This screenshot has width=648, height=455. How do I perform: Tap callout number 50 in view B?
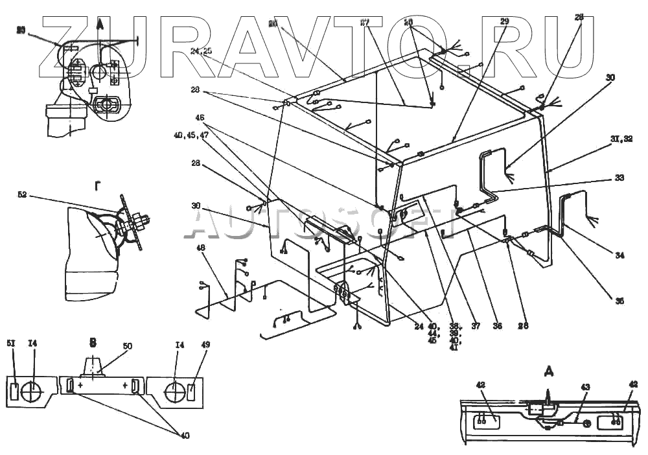pyautogui.click(x=128, y=347)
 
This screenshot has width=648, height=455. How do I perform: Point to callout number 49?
pyautogui.click(x=206, y=345)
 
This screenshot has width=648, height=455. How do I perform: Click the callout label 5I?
pyautogui.click(x=12, y=345)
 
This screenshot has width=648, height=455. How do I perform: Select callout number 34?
pyautogui.click(x=619, y=255)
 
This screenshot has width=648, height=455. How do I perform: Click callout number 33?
pyautogui.click(x=619, y=177)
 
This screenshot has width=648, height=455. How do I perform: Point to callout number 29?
pyautogui.click(x=505, y=21)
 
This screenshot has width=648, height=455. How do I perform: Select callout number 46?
pyautogui.click(x=200, y=117)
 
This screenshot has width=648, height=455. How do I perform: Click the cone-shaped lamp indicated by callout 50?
pyautogui.click(x=94, y=368)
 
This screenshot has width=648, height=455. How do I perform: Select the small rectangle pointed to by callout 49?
pyautogui.click(x=191, y=392)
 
